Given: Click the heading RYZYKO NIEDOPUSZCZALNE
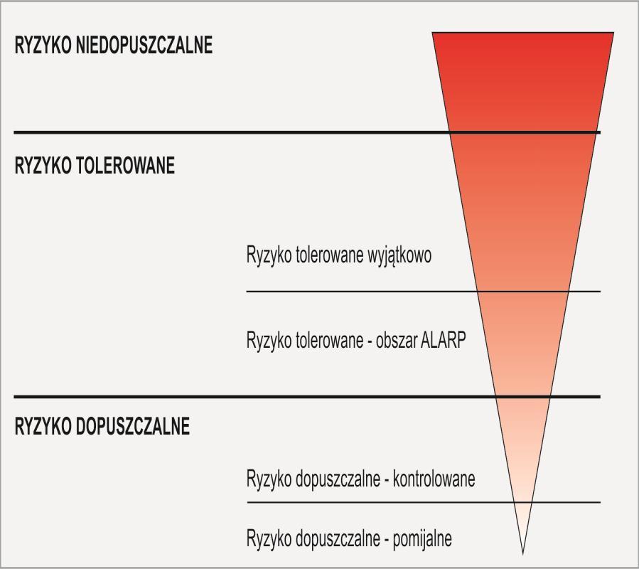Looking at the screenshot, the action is coord(113,45).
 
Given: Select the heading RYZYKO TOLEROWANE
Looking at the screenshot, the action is coord(95,165).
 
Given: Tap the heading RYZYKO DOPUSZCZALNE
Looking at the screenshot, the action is coord(102,426).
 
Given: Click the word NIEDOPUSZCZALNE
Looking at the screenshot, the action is coord(144,45).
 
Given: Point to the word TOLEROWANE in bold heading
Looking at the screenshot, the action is coord(126,165).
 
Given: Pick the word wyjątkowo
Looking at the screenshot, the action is coord(399,256).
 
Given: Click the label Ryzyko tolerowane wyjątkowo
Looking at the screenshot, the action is coord(339,256).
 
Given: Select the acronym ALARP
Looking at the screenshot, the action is coord(443,340).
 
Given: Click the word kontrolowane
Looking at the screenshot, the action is coord(434,479).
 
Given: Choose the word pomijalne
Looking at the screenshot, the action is coord(422,539).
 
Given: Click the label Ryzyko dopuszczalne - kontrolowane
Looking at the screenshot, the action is coord(360,479).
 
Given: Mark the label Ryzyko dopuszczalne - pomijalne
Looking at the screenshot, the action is coord(349,540).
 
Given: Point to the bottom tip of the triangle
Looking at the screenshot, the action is coord(523,554).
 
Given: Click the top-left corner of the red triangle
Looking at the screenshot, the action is coord(432,32).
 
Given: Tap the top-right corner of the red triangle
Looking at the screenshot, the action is coord(613,32).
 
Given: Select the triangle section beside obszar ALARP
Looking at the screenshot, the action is coord(523,344).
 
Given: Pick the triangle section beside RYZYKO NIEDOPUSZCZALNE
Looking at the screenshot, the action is coord(523,83).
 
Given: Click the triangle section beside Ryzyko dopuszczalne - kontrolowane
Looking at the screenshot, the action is coord(523,449).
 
